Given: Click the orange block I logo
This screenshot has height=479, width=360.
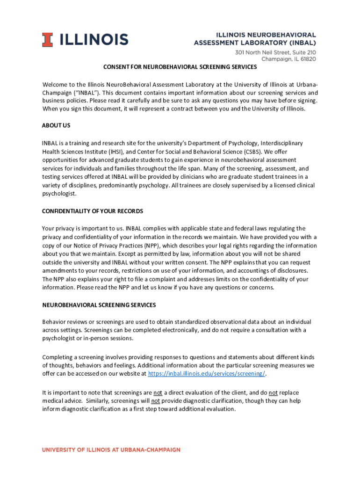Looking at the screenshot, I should [x=47, y=40].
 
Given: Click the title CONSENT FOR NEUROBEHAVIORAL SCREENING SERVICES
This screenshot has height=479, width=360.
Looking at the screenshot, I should [x=180, y=67].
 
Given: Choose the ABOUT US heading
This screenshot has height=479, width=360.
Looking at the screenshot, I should [x=56, y=126].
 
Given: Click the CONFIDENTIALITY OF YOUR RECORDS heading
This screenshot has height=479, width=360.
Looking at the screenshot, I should [x=93, y=211].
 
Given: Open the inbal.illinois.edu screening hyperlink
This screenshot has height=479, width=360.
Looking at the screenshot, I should [x=206, y=373].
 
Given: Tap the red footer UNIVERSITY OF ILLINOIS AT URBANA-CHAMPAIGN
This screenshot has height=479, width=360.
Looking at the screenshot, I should [x=111, y=450].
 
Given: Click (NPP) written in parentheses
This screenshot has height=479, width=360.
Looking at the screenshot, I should [x=151, y=246].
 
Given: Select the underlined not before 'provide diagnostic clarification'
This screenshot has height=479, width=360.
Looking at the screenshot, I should [x=156, y=401].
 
